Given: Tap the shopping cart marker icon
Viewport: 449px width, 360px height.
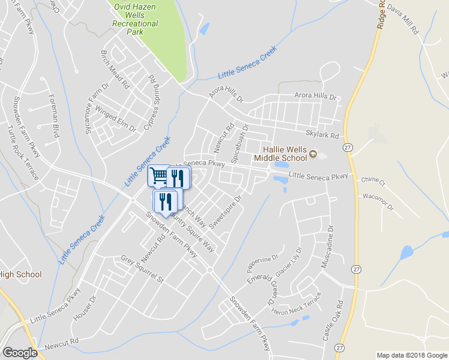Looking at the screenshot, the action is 158,175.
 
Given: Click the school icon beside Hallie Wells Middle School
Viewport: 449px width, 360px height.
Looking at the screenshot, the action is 313,156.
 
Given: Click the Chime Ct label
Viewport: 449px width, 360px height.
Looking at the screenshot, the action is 373,180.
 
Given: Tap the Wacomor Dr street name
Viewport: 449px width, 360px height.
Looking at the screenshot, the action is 378,201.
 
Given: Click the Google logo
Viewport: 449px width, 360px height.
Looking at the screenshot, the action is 20,353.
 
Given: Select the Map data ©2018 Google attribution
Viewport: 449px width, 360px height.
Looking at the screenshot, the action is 411,355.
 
